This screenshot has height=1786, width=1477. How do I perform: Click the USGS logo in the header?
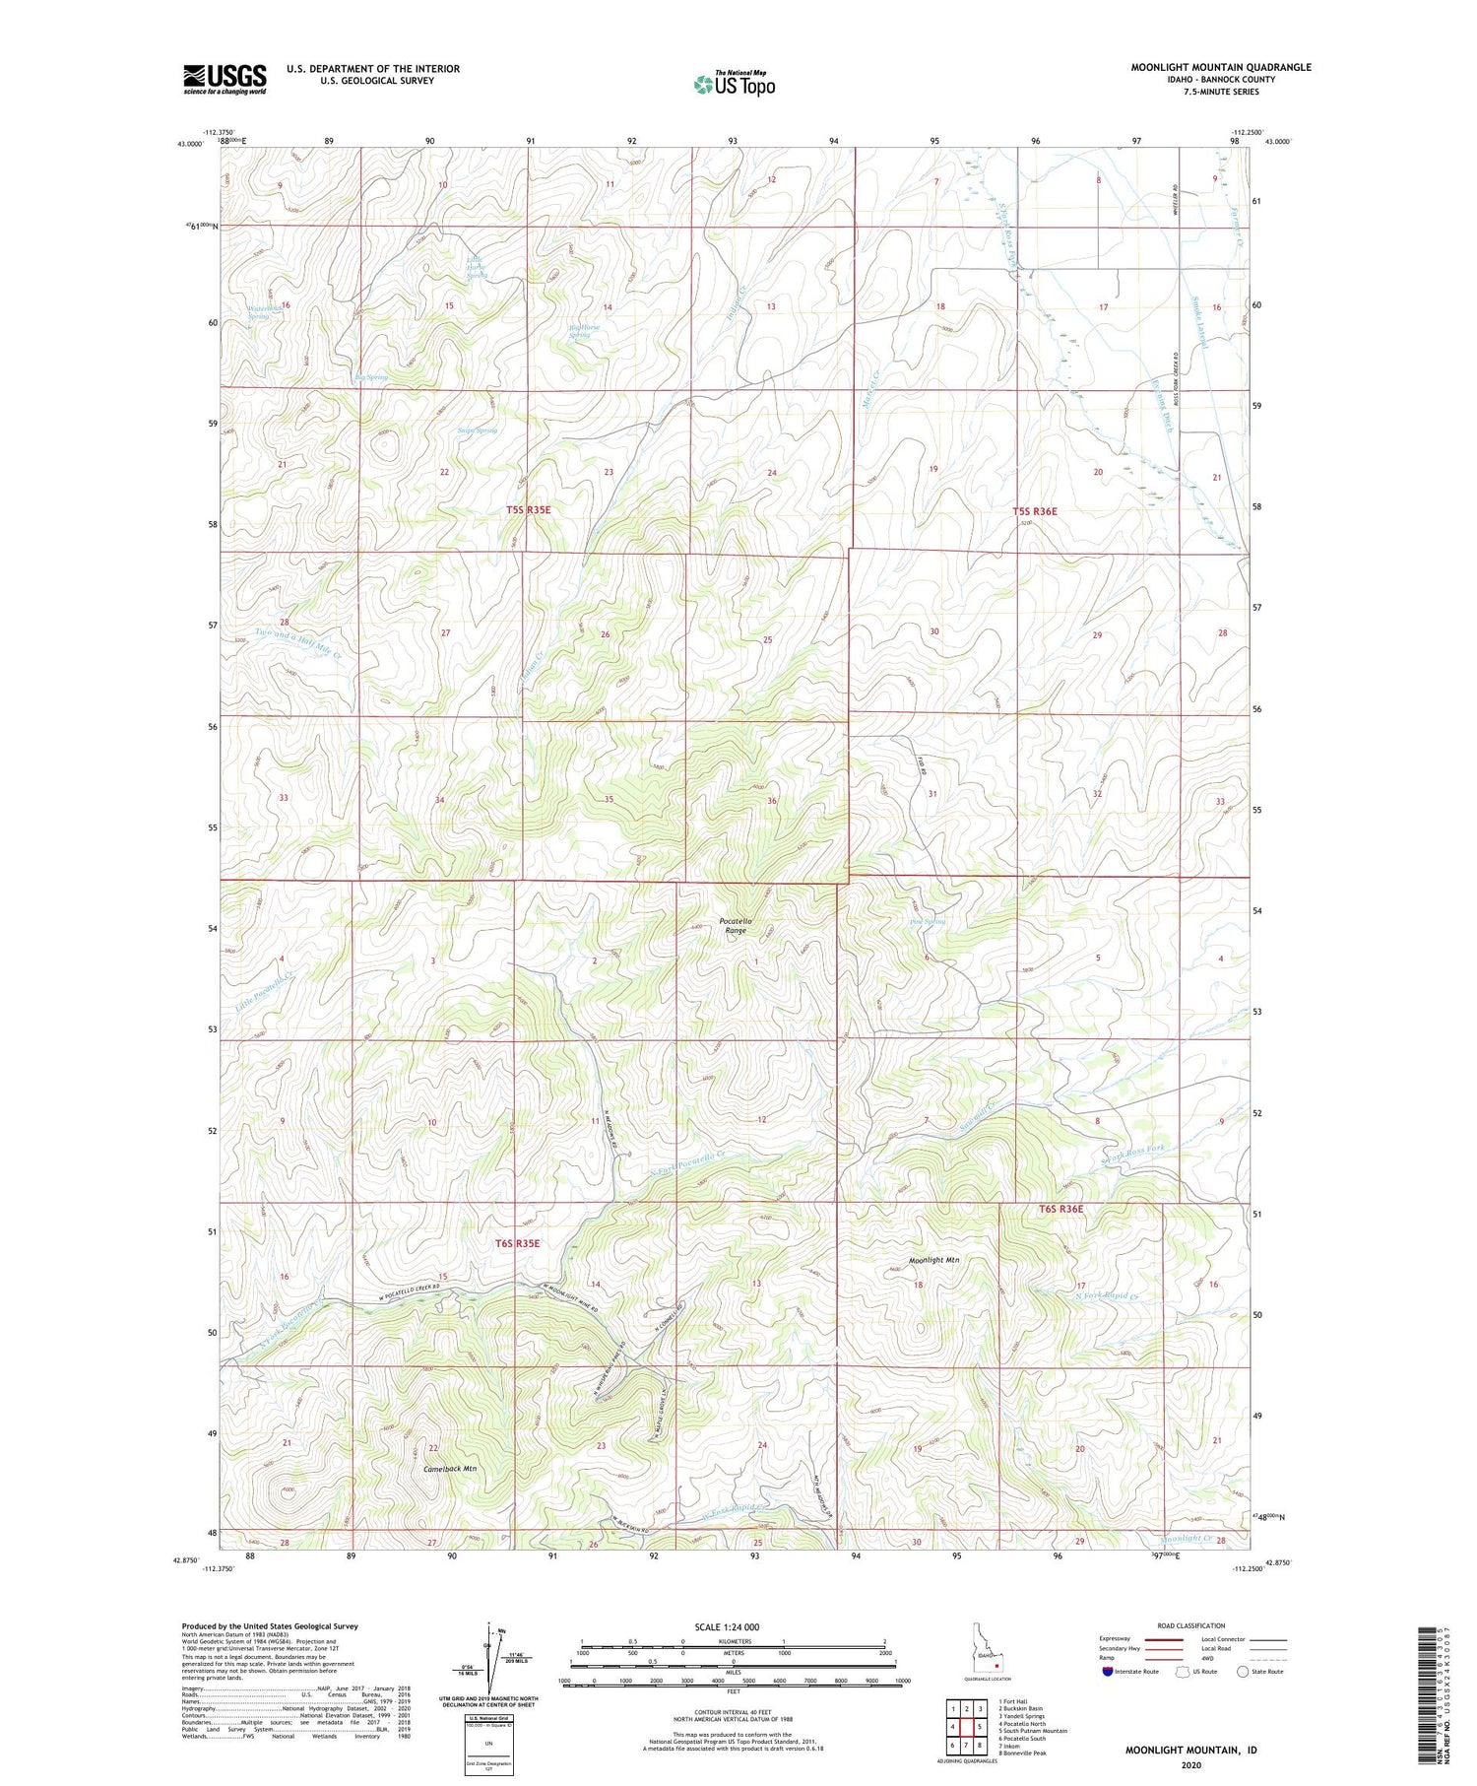(225, 79)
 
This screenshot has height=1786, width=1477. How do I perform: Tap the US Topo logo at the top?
(735, 84)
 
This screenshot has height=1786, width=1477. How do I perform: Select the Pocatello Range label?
(736, 925)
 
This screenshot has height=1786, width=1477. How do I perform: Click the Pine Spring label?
(927, 922)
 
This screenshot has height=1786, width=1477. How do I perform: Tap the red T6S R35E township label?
(517, 1243)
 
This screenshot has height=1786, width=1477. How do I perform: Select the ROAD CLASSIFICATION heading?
(1191, 1625)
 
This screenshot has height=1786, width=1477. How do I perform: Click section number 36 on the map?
(772, 801)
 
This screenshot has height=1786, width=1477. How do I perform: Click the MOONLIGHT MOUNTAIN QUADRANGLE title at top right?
(1220, 67)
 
